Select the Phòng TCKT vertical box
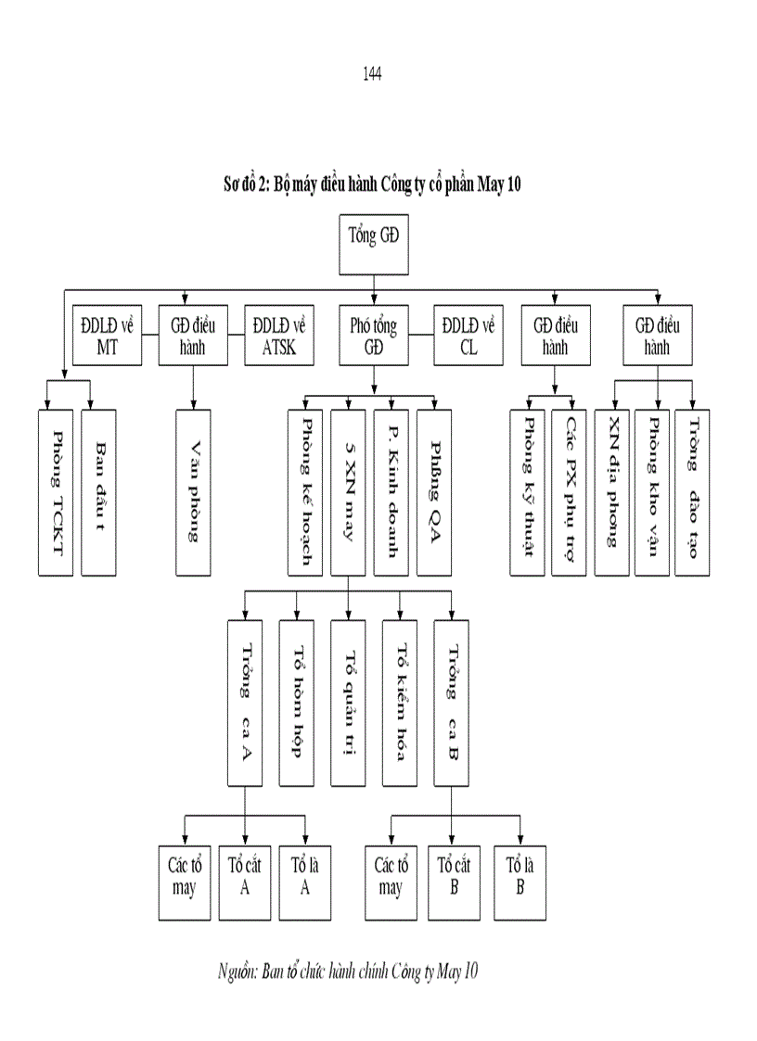click(57, 490)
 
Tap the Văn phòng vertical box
click(192, 490)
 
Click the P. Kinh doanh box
click(391, 490)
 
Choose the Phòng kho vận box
click(655, 490)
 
